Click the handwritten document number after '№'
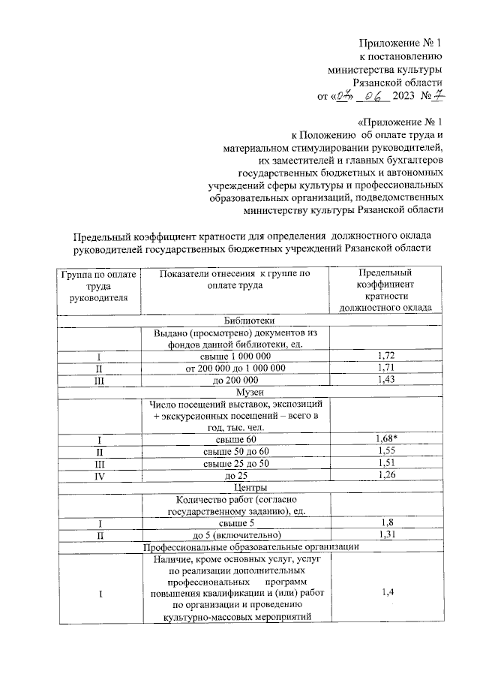tap(439, 95)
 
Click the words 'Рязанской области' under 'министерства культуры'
tap(397, 83)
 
